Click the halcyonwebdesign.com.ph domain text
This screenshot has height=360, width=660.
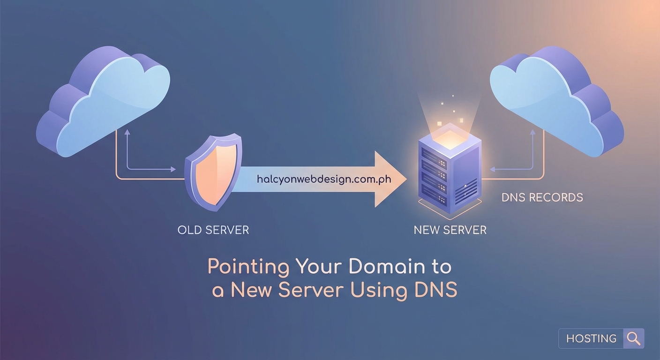(x=324, y=179)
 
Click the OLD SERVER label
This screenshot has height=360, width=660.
(x=213, y=230)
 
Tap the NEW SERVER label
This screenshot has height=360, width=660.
(x=450, y=230)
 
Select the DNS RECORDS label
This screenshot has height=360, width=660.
(x=542, y=197)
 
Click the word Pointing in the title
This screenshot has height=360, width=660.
(x=248, y=267)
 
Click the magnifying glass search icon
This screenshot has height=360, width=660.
(x=633, y=338)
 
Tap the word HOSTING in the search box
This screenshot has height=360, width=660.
(x=591, y=338)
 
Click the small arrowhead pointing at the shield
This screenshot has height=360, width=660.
(x=173, y=169)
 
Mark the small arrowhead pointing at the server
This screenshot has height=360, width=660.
(x=492, y=169)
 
